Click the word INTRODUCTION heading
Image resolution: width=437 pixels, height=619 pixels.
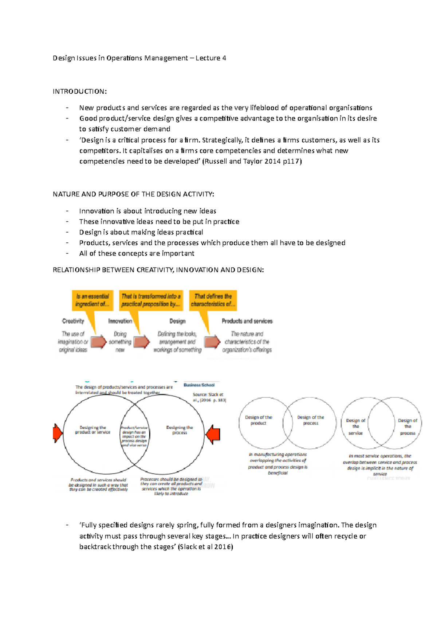79,92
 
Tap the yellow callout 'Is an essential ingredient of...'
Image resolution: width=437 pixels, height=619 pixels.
92,300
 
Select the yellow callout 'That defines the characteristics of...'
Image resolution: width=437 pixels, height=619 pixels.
213,300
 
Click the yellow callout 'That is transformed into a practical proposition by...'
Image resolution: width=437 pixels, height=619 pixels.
151,300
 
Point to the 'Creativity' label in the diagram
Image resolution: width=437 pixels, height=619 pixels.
73,321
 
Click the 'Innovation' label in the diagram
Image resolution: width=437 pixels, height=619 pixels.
120,321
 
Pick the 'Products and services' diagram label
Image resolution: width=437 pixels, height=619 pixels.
247,321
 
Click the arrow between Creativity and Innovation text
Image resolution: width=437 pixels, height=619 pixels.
98,342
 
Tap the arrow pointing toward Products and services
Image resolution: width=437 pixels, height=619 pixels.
212,342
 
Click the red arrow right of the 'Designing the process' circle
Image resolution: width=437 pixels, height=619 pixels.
213,434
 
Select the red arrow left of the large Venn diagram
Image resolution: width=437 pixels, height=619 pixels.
58,433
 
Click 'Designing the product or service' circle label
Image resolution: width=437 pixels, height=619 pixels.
92,430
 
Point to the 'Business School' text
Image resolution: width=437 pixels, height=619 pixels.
199,385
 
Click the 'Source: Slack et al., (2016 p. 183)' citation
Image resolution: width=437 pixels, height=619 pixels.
209,397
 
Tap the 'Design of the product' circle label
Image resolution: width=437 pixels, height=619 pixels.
259,420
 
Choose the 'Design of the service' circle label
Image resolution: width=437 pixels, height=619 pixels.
355,427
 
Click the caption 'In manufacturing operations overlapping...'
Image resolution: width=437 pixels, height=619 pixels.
278,463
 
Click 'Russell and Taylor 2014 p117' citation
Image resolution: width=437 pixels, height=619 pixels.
252,161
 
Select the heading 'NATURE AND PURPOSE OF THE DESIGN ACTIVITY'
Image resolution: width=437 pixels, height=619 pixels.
133,194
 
